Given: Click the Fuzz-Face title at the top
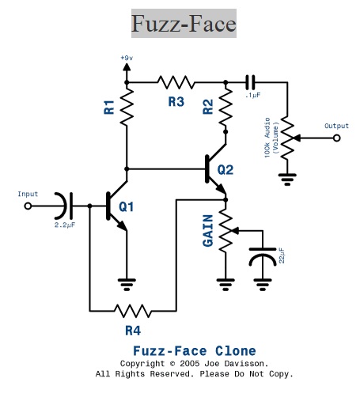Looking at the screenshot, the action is click(x=184, y=24).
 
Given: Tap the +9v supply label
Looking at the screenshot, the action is click(x=127, y=58).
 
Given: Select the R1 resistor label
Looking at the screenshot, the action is click(x=109, y=107).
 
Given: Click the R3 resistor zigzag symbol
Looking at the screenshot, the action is click(x=176, y=82).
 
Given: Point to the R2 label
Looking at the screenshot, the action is click(x=208, y=107).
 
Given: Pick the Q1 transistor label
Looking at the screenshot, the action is click(x=127, y=206).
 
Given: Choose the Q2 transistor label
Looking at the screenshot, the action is click(x=225, y=170).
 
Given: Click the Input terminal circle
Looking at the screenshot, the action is click(x=28, y=206).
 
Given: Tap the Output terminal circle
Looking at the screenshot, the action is click(x=336, y=138).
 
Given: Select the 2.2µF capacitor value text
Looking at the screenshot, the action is click(x=65, y=225).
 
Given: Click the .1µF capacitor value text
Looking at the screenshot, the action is click(x=252, y=95).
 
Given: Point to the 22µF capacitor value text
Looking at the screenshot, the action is click(x=282, y=255).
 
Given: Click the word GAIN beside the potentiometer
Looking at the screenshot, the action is click(x=208, y=231).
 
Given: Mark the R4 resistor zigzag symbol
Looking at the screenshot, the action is click(x=133, y=311).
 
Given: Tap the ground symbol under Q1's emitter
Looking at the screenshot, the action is click(x=127, y=284).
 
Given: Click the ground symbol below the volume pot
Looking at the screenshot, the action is click(x=287, y=180).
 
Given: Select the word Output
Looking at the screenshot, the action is click(x=336, y=126).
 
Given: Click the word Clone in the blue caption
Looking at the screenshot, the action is click(x=236, y=351).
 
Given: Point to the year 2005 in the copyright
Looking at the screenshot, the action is click(x=189, y=364).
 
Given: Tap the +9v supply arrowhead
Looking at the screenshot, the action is click(x=127, y=67).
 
